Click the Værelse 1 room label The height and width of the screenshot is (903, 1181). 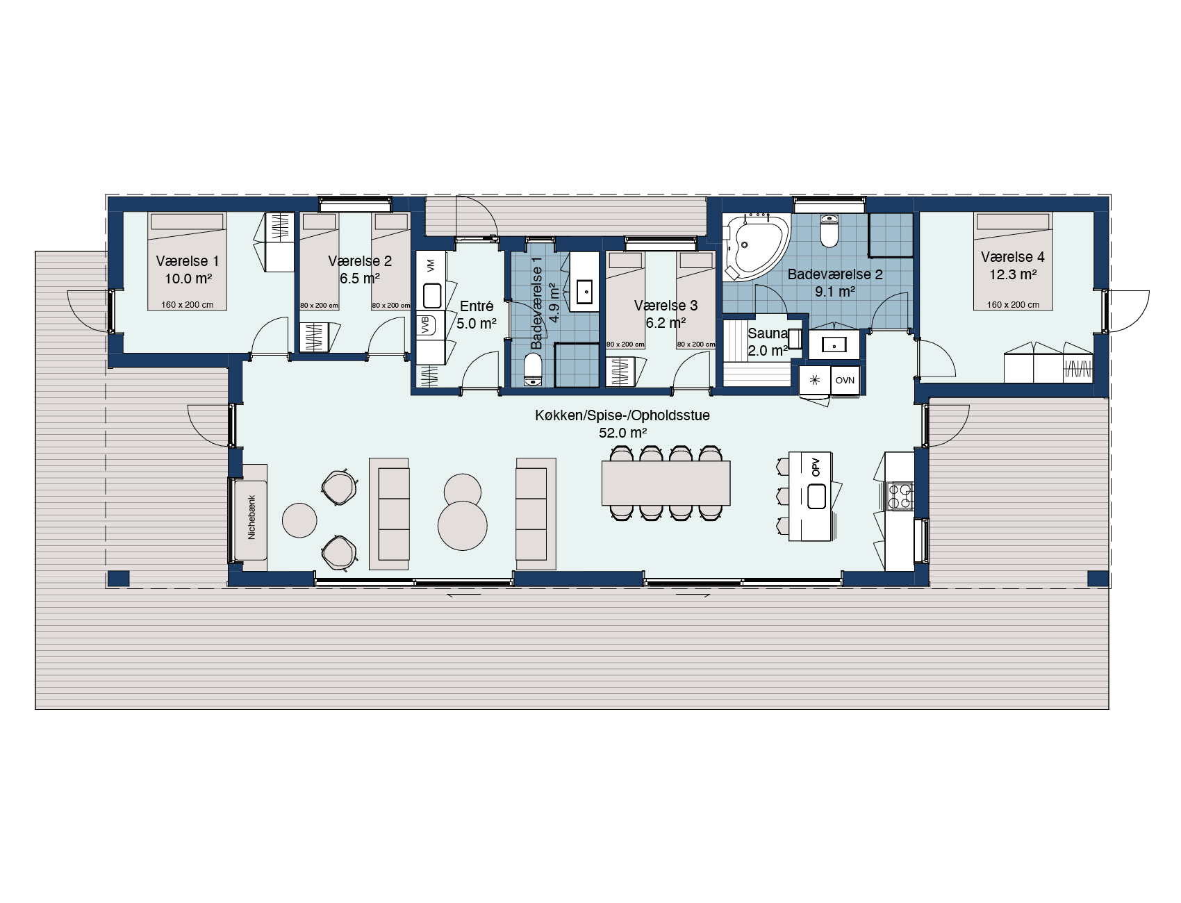tap(188, 261)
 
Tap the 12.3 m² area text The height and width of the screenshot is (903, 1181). tap(1013, 274)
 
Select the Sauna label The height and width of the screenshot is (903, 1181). tap(767, 333)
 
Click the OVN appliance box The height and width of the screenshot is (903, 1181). tap(845, 381)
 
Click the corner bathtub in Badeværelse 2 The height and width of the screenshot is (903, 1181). tap(755, 247)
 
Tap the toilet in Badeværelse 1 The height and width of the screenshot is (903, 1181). tap(533, 370)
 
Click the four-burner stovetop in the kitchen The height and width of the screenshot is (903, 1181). tap(900, 496)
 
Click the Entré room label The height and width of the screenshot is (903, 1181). tap(477, 306)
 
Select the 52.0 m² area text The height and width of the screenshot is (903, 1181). tap(623, 433)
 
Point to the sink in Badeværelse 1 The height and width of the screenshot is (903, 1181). tap(584, 292)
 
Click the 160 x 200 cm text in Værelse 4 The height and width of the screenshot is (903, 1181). tap(1013, 304)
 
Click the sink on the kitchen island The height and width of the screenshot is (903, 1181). tap(816, 496)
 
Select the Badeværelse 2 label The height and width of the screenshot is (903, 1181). tap(835, 274)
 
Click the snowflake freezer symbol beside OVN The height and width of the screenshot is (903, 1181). tap(815, 381)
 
